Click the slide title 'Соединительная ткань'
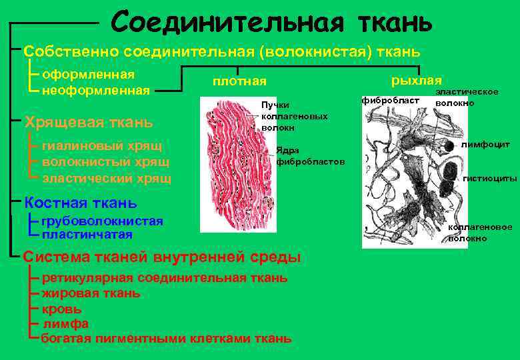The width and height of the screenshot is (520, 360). tap(272, 22)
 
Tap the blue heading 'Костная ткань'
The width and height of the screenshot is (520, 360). tap(80, 203)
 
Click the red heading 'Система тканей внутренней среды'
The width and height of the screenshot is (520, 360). tap(162, 257)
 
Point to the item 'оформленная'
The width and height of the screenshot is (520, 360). tap(88, 74)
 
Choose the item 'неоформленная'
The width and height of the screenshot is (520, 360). tap(95, 89)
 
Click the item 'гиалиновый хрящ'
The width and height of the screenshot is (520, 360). tap(102, 145)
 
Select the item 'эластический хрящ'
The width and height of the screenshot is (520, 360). tap(107, 178)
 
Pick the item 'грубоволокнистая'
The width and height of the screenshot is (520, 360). tap(102, 221)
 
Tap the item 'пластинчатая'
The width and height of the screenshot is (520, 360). tap(87, 234)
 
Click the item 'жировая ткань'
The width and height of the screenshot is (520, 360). tap(91, 293)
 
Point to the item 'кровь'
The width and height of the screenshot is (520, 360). tap(61, 309)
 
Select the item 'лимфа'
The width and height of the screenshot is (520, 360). tap(65, 323)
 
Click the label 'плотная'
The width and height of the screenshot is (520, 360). tap(239, 81)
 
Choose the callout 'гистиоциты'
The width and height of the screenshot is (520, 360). tap(489, 179)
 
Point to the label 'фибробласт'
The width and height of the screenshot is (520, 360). tap(390, 99)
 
